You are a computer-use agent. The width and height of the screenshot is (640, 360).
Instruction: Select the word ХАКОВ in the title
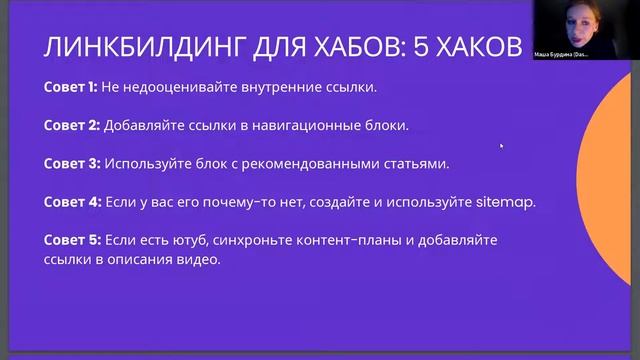(478, 49)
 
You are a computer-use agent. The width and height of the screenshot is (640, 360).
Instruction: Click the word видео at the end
(198, 259)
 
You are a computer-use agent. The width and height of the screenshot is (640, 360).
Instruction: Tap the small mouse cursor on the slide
(500, 146)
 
